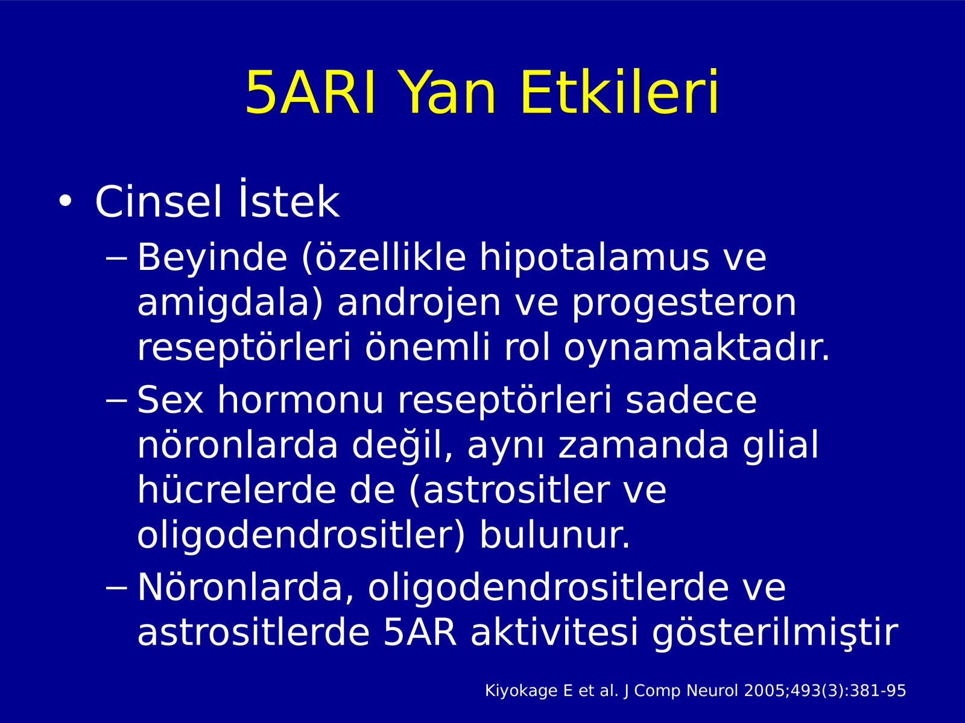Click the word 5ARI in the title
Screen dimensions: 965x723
pos(310,93)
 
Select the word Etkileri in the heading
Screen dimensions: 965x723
pos(619,92)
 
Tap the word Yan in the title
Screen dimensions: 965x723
pos(448,93)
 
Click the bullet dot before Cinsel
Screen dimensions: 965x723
pos(65,201)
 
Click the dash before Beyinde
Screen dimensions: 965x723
pos(116,258)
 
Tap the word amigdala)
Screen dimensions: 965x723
pos(230,303)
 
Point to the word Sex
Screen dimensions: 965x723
pos(171,399)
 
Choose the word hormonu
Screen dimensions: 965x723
pos(301,399)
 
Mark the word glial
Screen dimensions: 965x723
pos(781,445)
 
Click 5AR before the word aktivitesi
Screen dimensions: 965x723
pos(420,633)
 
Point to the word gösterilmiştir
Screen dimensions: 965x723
pos(775,634)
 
